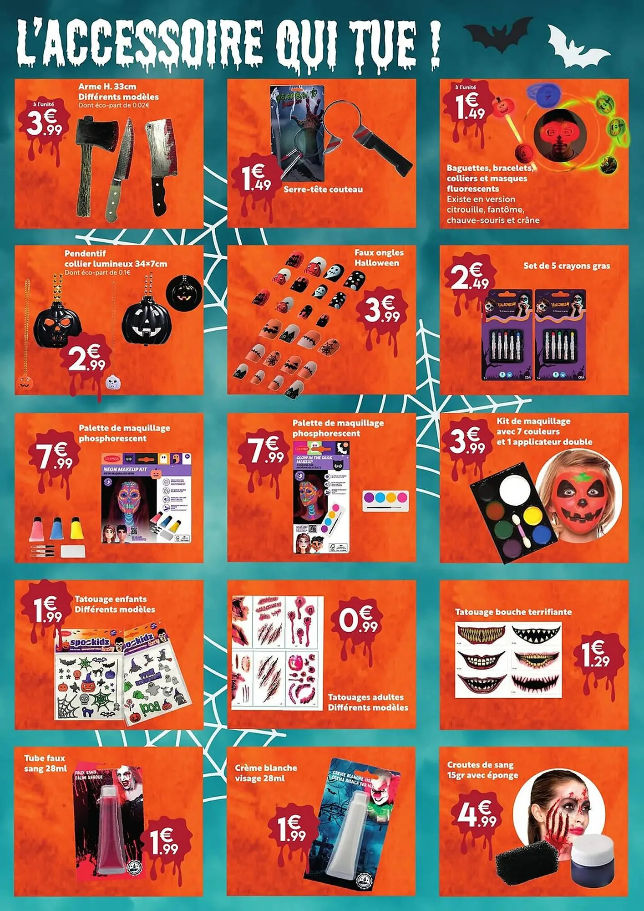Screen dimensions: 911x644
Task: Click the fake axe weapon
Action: (x=94, y=159)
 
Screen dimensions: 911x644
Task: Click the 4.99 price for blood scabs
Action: (x=476, y=815)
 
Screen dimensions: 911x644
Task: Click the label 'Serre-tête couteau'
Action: (x=323, y=189)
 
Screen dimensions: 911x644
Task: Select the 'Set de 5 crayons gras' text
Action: (x=566, y=266)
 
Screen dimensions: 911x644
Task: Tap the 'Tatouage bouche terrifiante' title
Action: (x=513, y=612)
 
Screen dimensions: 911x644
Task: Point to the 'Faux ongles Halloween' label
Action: (x=379, y=258)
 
